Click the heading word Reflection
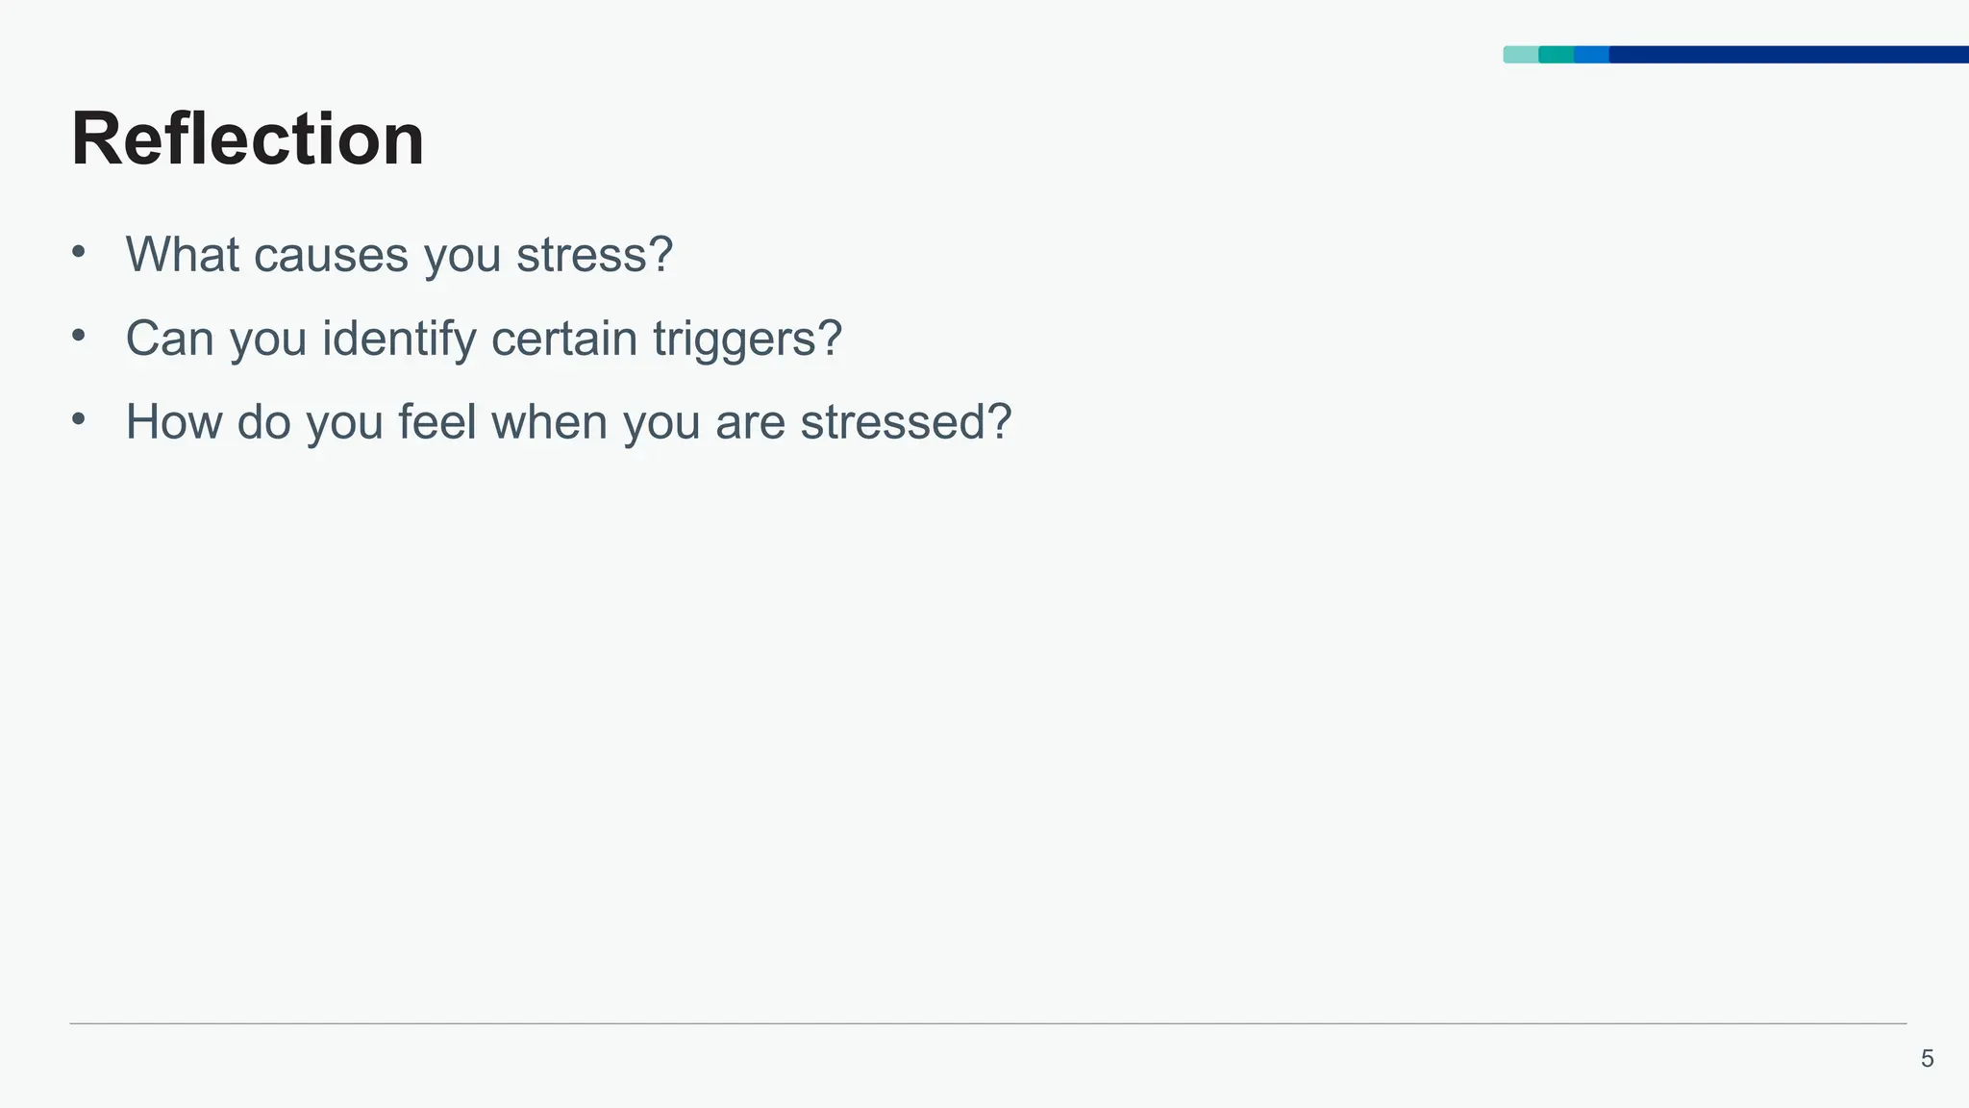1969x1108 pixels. tap(247, 140)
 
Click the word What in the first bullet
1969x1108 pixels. tap(182, 255)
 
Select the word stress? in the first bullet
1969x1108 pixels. tap(594, 256)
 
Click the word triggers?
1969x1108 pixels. tap(747, 339)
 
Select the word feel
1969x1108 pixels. tap(436, 422)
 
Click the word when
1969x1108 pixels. tap(549, 422)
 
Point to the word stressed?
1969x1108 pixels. tap(906, 422)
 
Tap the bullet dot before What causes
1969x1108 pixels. tap(79, 252)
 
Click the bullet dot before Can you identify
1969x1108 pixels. tap(79, 336)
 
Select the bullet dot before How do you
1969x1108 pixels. tap(79, 419)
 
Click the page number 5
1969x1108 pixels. tap(1927, 1059)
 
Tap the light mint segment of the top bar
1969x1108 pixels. tap(1520, 55)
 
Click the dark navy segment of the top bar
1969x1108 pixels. tap(1788, 55)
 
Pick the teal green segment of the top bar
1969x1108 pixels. tap(1556, 55)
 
